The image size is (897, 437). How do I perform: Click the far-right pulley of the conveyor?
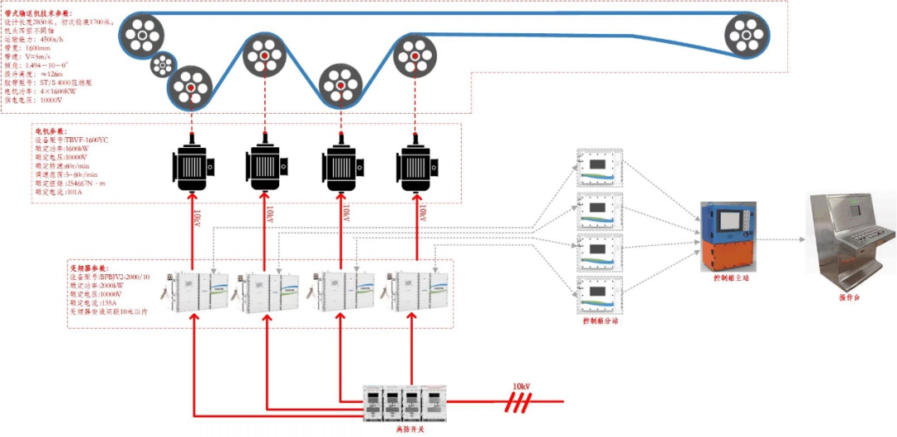point(747,37)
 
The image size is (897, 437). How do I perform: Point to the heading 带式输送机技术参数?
point(50,14)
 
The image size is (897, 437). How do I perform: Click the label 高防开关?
point(400,429)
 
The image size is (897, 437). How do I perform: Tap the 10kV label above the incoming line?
point(521,387)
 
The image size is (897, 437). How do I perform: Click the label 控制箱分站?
point(600,320)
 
